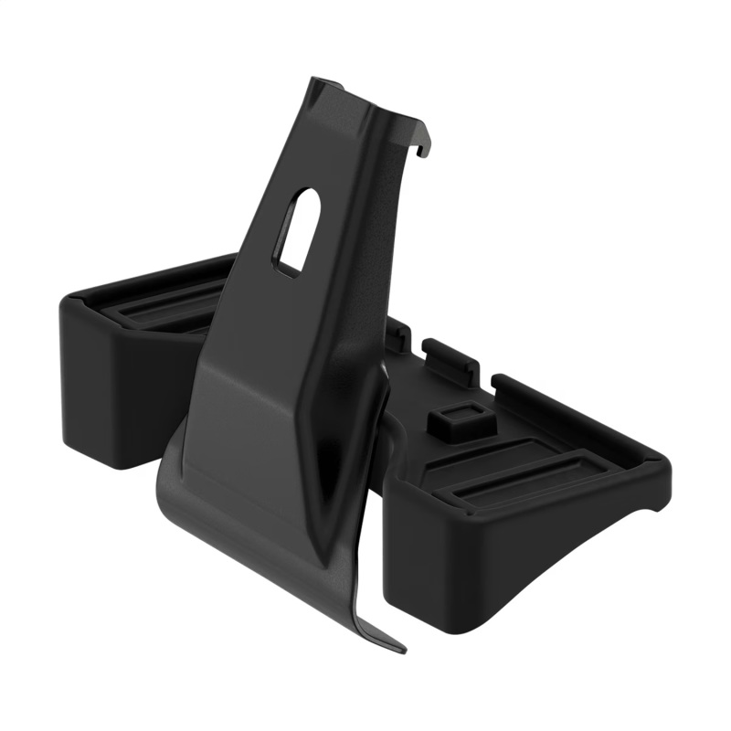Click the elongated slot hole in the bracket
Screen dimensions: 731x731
[298, 230]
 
